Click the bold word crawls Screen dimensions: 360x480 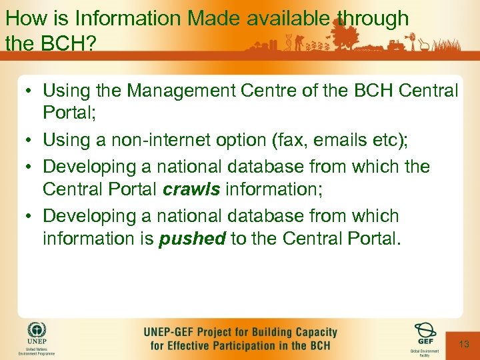(x=191, y=189)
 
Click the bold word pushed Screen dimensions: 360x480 (x=192, y=239)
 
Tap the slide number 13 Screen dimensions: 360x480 (x=465, y=343)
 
